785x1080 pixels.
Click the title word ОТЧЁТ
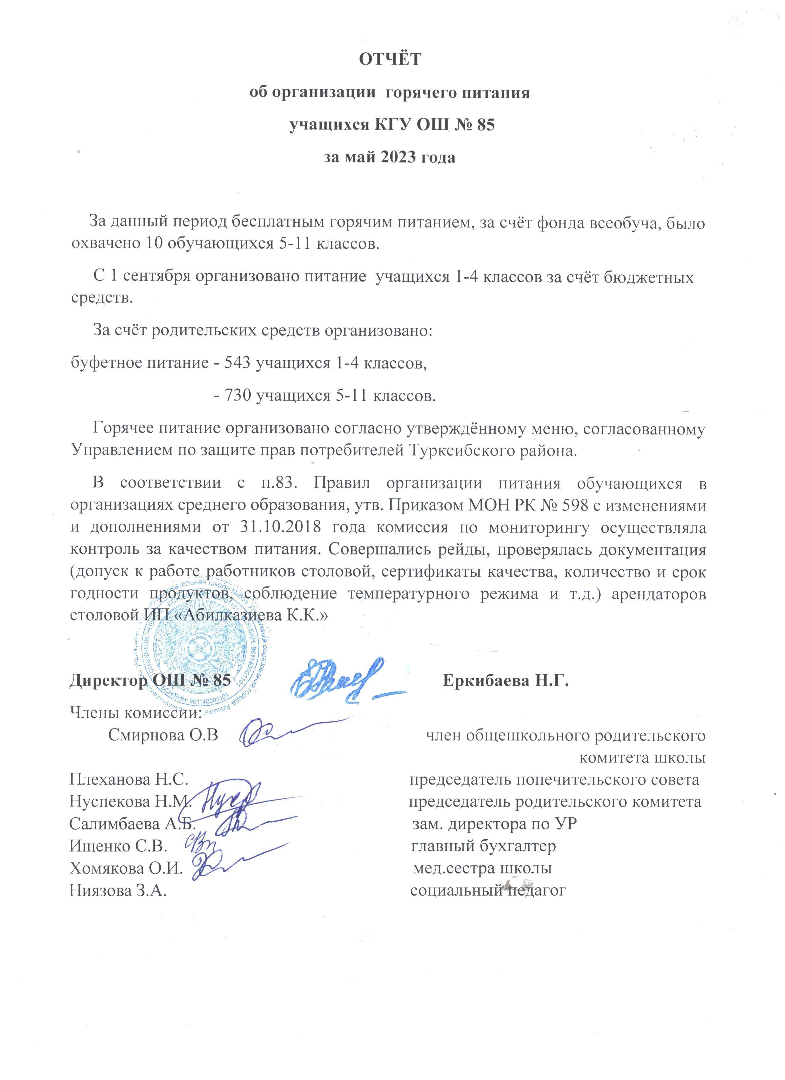click(390, 59)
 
